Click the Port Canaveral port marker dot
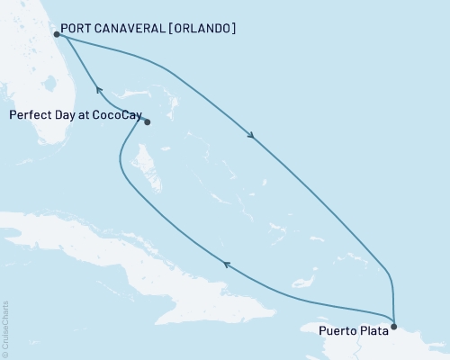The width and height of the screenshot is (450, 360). [56, 35]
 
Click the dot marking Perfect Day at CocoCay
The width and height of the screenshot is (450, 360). [147, 122]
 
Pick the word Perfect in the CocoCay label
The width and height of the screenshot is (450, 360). [29, 115]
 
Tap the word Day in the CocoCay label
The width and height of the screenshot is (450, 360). [65, 115]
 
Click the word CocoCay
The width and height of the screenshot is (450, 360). [117, 115]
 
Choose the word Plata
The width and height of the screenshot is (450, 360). [375, 330]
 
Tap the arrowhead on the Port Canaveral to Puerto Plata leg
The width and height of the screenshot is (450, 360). [251, 137]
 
